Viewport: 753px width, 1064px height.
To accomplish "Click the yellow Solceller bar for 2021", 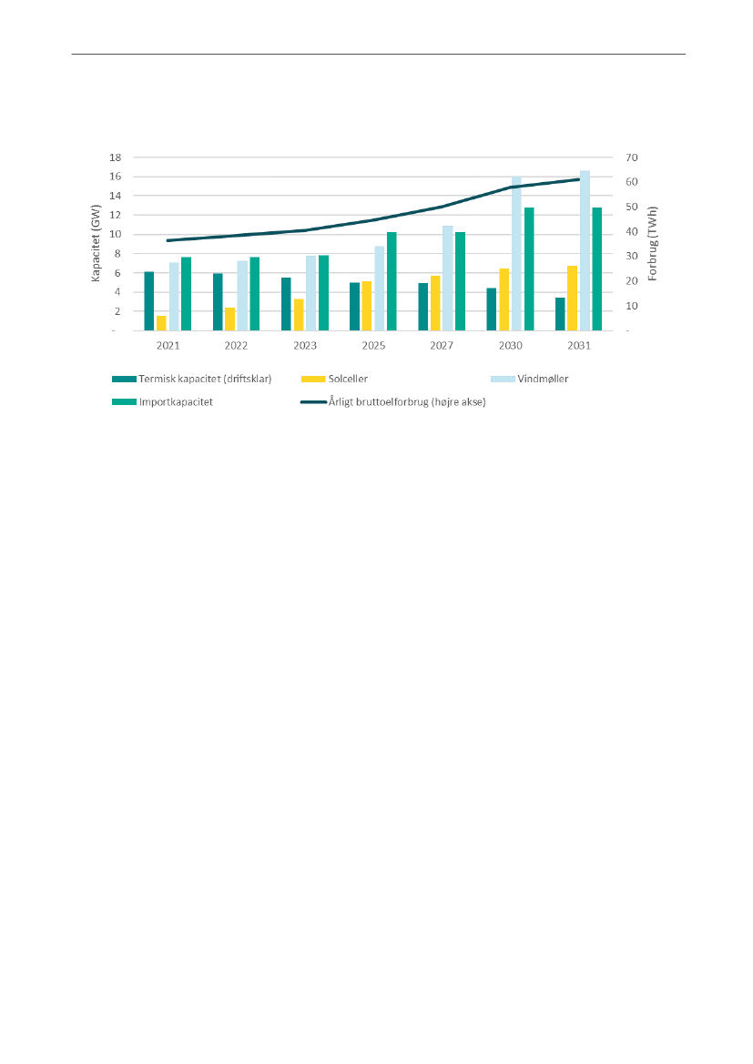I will [x=161, y=323].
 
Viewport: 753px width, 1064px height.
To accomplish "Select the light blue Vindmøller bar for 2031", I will [x=585, y=250].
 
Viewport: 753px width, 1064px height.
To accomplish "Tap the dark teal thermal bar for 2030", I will [x=492, y=309].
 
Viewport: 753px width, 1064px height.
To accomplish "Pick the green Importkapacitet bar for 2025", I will [x=392, y=281].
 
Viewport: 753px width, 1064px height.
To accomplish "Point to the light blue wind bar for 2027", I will [x=448, y=278].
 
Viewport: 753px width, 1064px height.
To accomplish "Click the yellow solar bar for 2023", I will [x=299, y=315].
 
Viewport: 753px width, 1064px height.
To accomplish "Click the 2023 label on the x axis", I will [x=305, y=346].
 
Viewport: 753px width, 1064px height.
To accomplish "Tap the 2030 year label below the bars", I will [x=511, y=346].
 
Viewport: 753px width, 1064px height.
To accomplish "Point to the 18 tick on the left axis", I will [x=115, y=157].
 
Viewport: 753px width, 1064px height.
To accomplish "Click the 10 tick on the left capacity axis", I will [x=115, y=234].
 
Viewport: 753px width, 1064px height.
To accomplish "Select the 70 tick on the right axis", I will [x=632, y=157].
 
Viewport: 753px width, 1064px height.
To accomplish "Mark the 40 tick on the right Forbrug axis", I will [x=632, y=232].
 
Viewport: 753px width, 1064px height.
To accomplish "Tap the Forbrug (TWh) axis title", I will [x=653, y=244].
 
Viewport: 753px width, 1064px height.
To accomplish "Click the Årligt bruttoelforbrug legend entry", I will [x=406, y=401].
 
